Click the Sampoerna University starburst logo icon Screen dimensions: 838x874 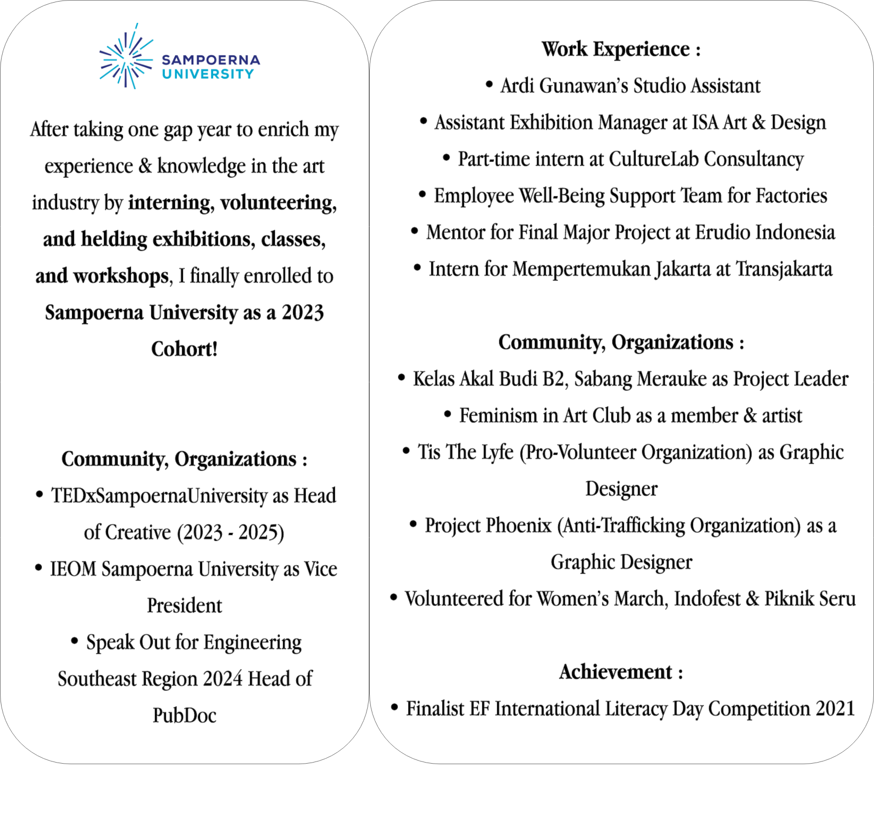pos(125,56)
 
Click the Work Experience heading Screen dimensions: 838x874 pos(621,49)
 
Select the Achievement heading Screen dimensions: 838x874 pos(621,672)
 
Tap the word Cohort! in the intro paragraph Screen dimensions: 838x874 pos(184,349)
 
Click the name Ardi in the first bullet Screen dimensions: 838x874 pos(516,86)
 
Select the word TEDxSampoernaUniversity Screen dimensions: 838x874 pos(159,496)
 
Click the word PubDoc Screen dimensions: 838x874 pos(184,716)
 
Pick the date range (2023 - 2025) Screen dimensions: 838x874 pos(231,533)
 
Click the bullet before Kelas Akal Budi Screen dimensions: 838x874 pos(402,379)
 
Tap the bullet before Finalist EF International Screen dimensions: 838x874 pos(394,708)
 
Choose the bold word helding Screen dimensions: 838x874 pos(114,240)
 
